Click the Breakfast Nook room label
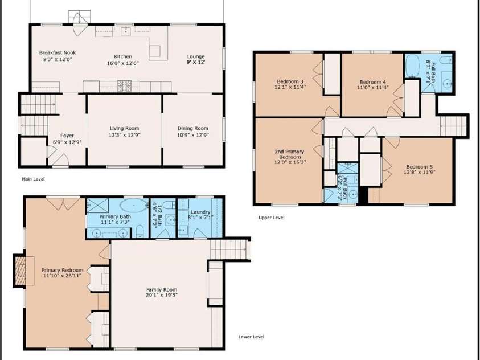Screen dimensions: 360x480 pyautogui.click(x=58, y=52)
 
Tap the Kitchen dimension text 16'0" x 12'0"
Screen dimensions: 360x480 pyautogui.click(x=123, y=63)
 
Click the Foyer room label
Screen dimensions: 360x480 pyautogui.click(x=67, y=136)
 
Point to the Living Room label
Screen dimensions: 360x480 pyautogui.click(x=124, y=129)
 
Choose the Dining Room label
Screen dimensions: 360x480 pyautogui.click(x=193, y=129)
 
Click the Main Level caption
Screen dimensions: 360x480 pyautogui.click(x=33, y=179)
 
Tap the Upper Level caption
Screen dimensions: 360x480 pyautogui.click(x=271, y=217)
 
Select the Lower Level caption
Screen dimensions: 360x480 pyautogui.click(x=252, y=337)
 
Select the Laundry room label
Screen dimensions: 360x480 pyautogui.click(x=200, y=211)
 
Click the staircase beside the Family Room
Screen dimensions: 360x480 pyautogui.click(x=230, y=249)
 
